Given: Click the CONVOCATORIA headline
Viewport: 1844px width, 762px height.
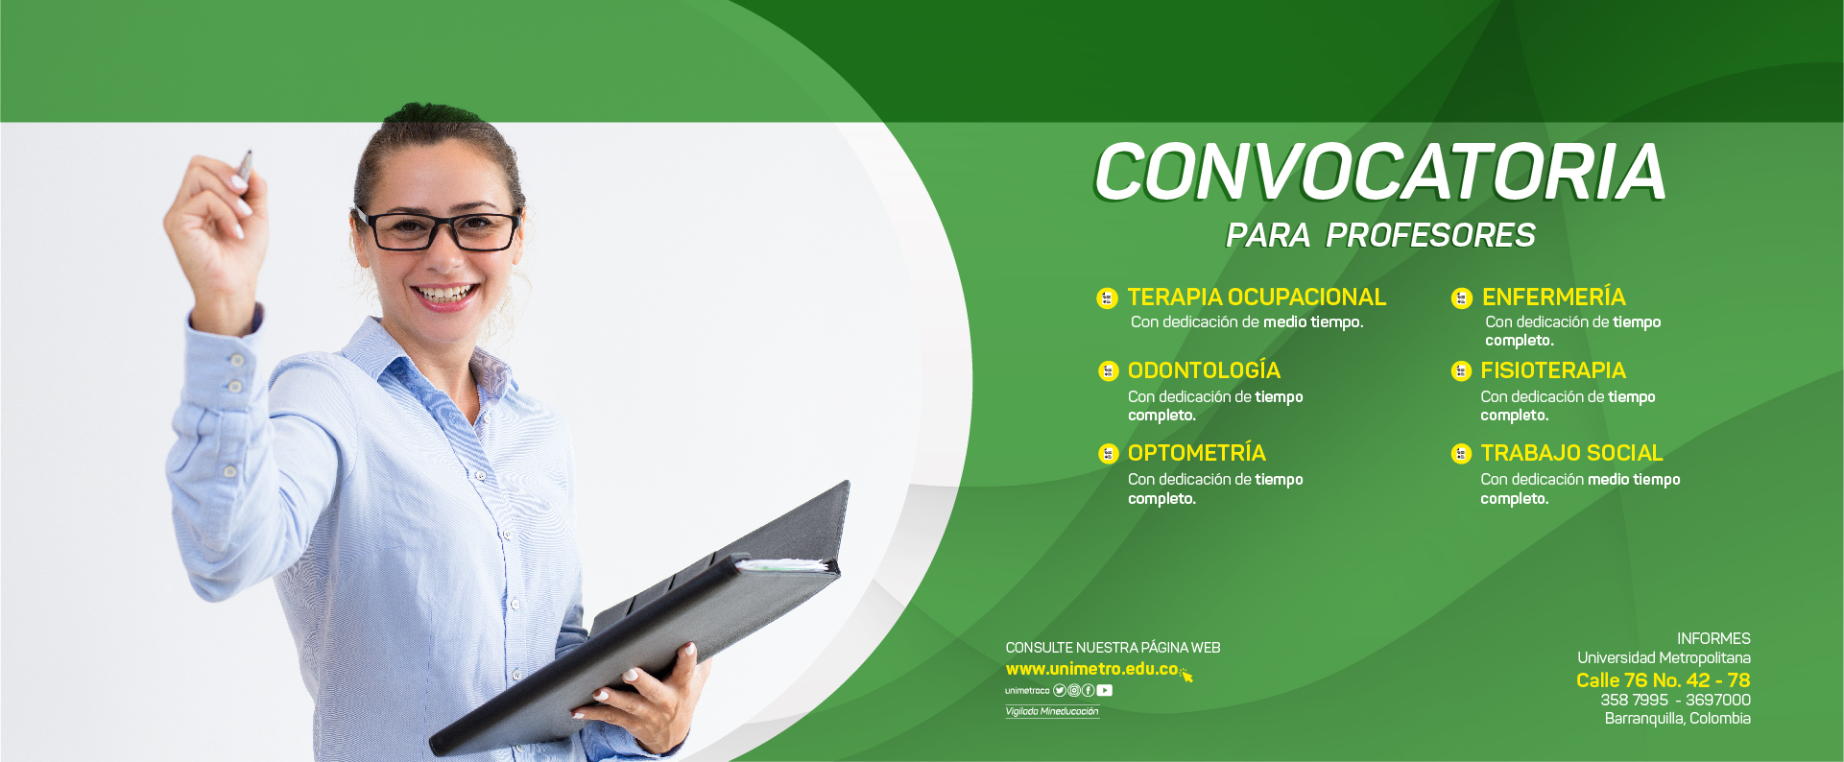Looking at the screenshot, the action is click(x=1379, y=173).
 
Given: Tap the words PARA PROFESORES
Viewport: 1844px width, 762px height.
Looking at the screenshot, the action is click(x=1380, y=235).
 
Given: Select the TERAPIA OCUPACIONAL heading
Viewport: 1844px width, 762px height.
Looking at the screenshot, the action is click(x=1257, y=298).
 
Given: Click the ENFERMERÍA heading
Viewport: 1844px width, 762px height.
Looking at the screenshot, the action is click(x=1553, y=297).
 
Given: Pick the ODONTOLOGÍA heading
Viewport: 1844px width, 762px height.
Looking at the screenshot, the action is click(x=1204, y=370).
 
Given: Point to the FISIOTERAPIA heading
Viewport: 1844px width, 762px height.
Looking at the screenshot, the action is click(x=1552, y=370).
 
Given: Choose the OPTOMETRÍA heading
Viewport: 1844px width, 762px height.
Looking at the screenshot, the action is click(x=1196, y=453).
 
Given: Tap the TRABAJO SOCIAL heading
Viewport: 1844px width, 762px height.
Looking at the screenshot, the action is click(x=1571, y=453).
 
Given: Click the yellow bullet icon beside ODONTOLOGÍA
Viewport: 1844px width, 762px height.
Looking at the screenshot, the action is click(x=1109, y=371).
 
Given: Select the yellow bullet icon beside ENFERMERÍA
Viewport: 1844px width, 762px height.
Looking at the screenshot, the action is click(x=1462, y=298).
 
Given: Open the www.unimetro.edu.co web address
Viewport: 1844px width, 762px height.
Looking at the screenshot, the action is click(x=1091, y=669).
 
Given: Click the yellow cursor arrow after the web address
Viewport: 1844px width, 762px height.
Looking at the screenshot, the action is click(x=1185, y=675).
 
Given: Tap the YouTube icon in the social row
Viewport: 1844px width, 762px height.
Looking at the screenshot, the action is click(x=1105, y=690).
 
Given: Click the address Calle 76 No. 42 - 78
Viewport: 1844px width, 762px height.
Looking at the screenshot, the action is click(x=1663, y=680).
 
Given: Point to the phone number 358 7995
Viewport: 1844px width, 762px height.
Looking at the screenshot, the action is click(x=1634, y=701).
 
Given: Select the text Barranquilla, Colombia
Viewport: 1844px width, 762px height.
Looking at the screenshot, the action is click(x=1678, y=719).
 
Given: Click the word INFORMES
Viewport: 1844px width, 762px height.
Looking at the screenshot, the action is click(x=1713, y=639).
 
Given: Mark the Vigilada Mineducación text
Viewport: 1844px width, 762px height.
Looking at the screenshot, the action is click(x=1052, y=711).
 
